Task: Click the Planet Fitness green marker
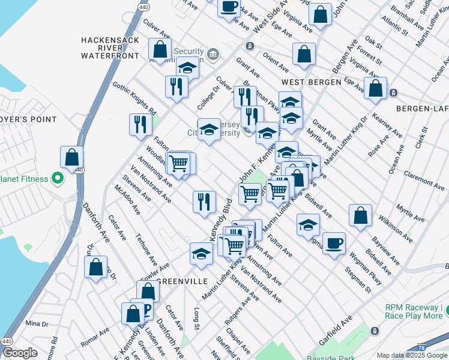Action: pos(58,178)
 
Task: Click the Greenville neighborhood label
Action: pos(182,281)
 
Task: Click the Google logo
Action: pos(20,353)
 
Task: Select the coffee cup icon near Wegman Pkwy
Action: pos(334,243)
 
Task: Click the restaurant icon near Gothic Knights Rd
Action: pos(140,124)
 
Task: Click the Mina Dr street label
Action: pos(37,323)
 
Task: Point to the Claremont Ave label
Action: pos(424,179)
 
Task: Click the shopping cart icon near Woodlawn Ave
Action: pos(179,162)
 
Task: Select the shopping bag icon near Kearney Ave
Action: pos(376,88)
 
